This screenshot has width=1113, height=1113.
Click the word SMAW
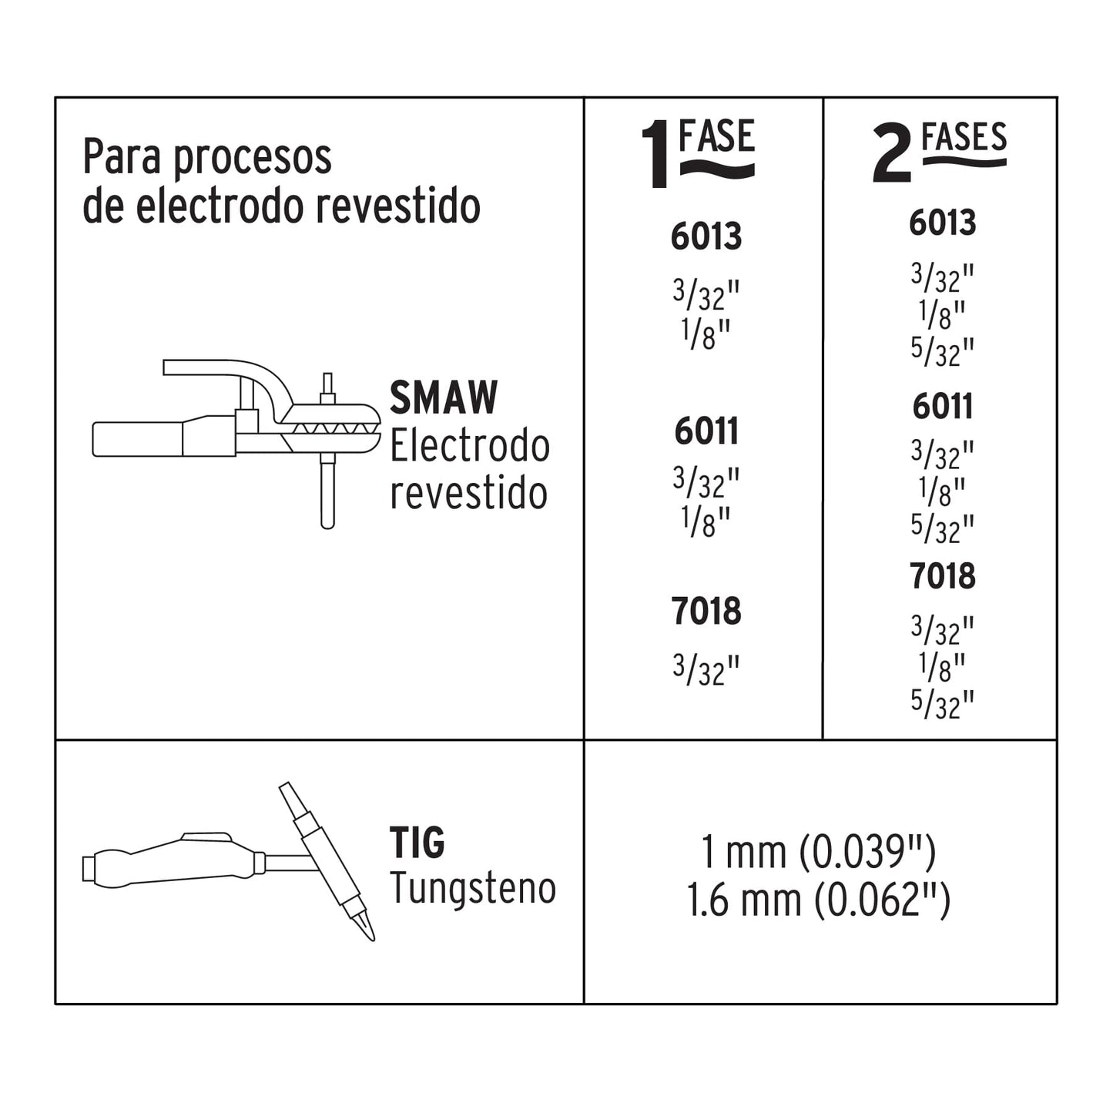point(444,398)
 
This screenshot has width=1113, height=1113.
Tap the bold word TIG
point(417,843)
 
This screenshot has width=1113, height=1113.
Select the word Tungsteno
point(472,889)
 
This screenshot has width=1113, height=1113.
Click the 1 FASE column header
point(698,153)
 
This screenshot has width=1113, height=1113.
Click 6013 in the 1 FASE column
point(706,236)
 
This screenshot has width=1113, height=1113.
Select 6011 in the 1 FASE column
point(706,431)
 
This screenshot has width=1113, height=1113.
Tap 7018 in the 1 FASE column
point(706,612)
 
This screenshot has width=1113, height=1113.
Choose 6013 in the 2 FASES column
point(942,223)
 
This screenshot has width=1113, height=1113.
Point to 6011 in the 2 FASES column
point(942,407)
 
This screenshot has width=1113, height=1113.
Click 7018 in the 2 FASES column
point(942,576)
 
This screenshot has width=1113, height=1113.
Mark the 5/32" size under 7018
point(942,703)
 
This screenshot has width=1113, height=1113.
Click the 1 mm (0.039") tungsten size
point(818,853)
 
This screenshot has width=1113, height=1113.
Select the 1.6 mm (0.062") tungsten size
point(818,900)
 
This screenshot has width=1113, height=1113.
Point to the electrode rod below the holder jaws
point(327,493)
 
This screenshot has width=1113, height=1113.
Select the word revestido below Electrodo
point(468,493)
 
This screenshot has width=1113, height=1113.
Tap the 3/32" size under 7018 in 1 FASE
point(706,669)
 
